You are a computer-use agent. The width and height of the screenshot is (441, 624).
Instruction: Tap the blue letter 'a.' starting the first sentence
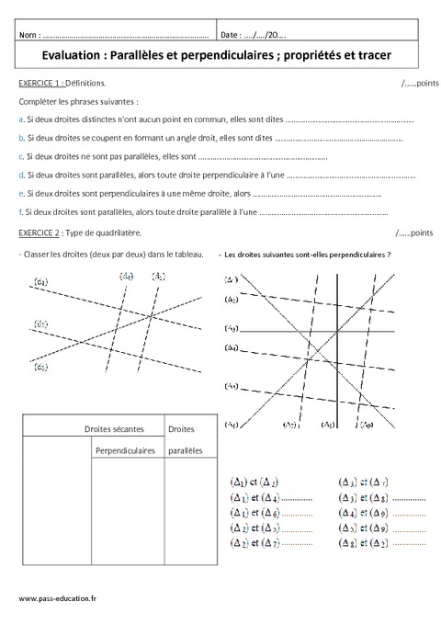(x=20, y=120)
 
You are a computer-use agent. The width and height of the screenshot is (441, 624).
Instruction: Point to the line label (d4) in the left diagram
(x=128, y=276)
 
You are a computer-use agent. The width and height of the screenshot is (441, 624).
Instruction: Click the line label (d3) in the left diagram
(x=41, y=368)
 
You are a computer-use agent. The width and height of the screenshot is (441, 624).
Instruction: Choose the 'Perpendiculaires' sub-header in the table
(x=125, y=451)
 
